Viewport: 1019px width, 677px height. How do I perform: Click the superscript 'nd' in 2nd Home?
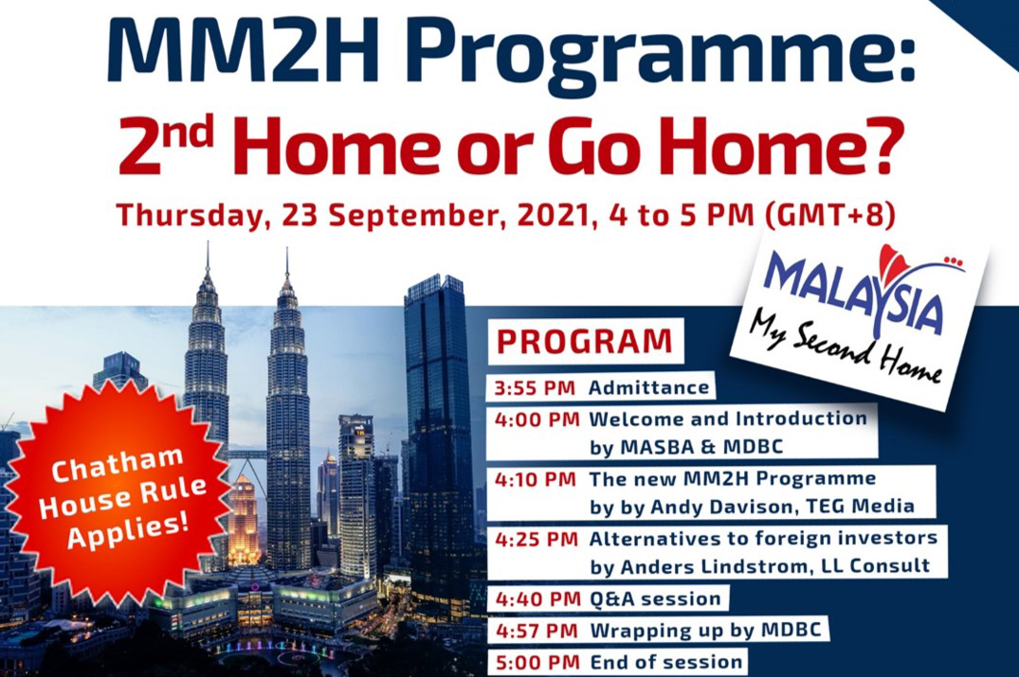tap(192, 127)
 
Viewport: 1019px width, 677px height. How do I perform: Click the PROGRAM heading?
tap(584, 342)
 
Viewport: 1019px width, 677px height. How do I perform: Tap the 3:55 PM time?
tap(535, 388)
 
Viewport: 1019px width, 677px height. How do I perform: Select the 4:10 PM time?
tap(536, 480)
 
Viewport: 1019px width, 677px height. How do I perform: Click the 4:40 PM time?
tap(537, 598)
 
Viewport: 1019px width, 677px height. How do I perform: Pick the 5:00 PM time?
tap(537, 662)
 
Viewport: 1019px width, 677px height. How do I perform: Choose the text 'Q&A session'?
tap(655, 598)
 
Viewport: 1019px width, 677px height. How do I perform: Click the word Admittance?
tap(648, 388)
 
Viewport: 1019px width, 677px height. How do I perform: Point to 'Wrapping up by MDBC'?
tap(705, 631)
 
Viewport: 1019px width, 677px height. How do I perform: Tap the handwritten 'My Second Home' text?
tap(845, 351)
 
